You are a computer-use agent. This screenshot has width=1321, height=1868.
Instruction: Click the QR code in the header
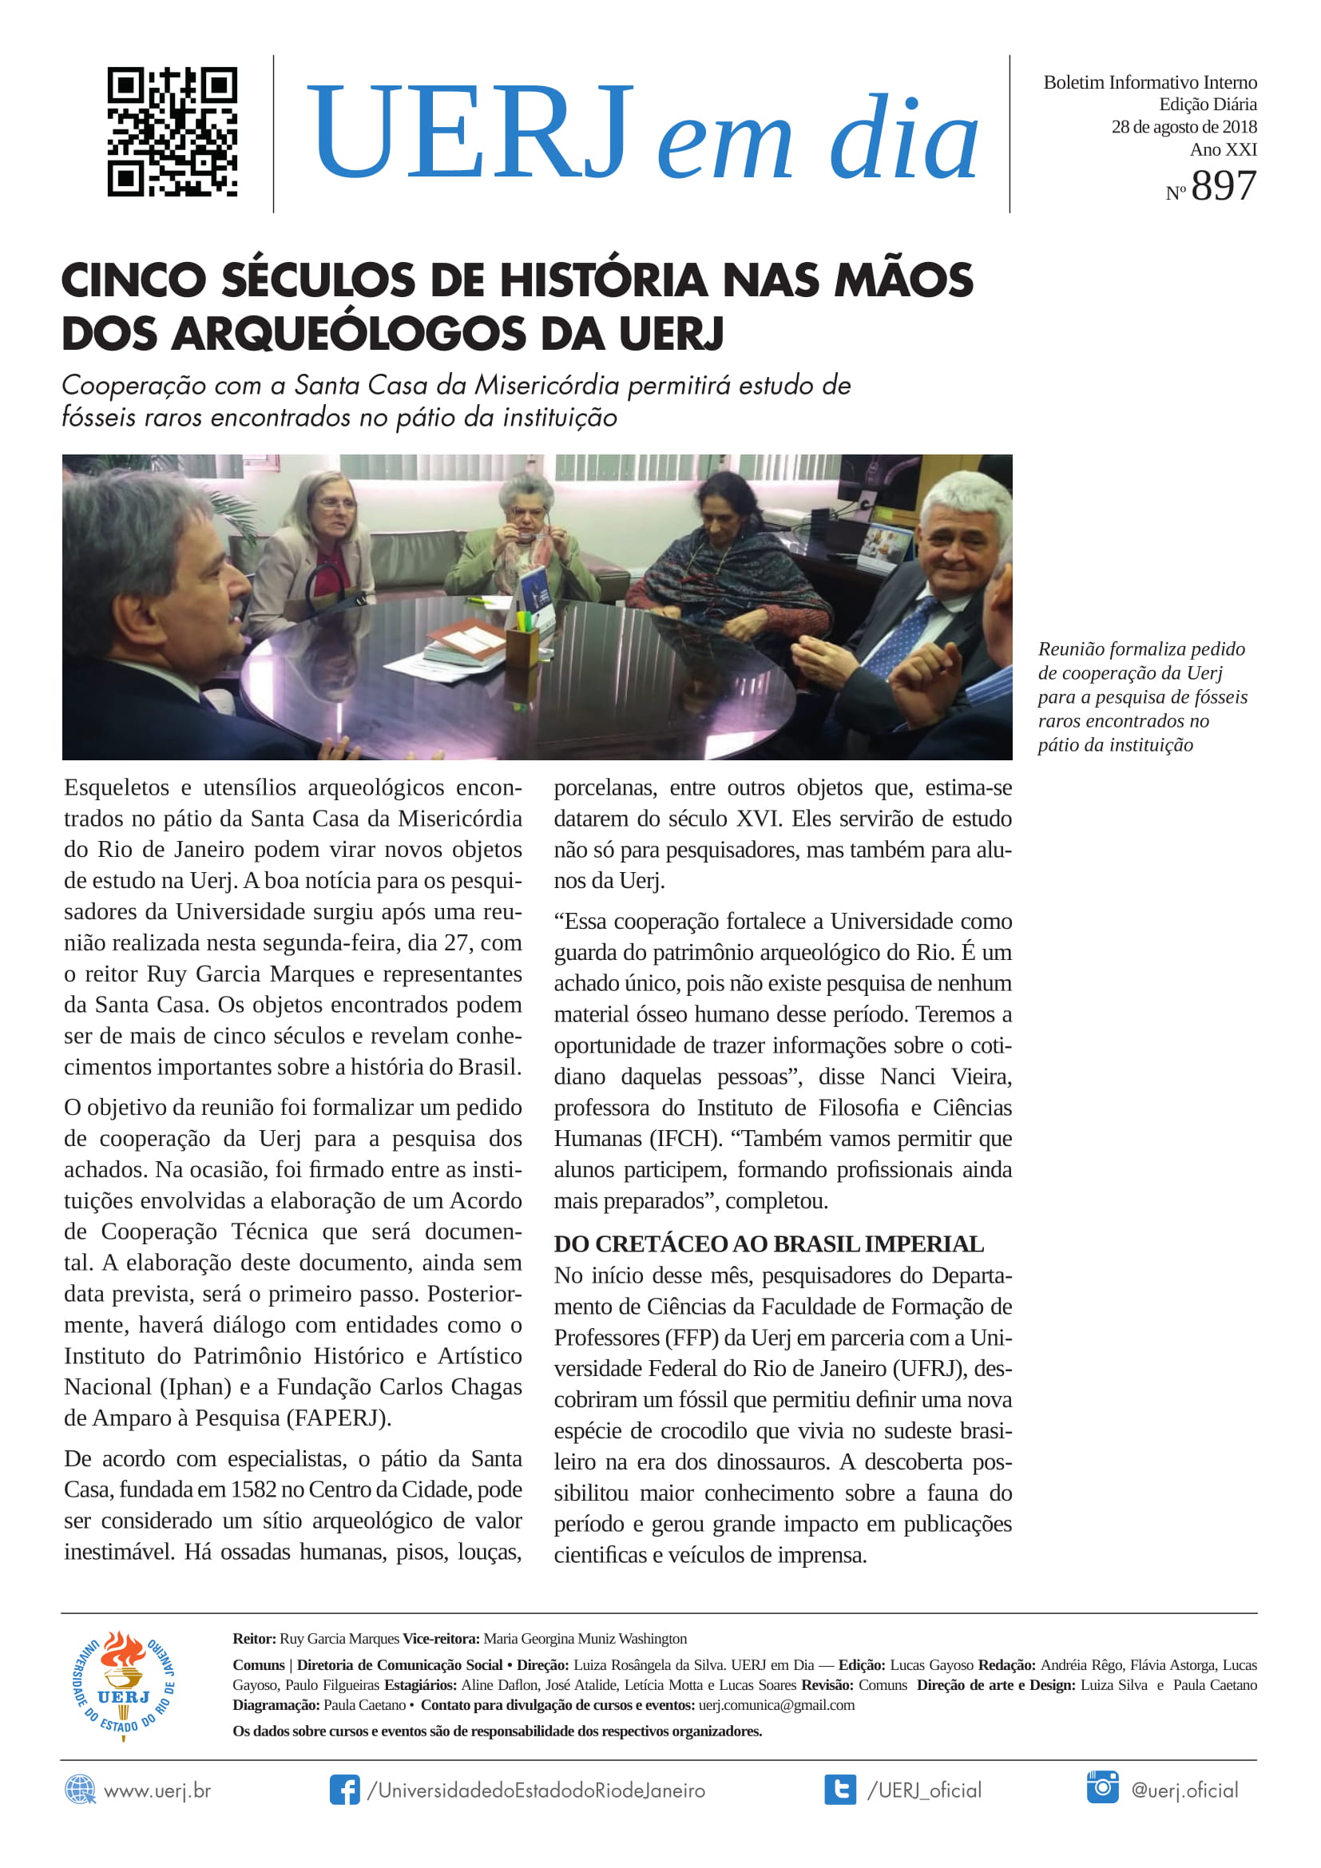[x=173, y=132]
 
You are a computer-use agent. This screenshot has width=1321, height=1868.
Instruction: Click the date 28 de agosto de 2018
[x=1184, y=127]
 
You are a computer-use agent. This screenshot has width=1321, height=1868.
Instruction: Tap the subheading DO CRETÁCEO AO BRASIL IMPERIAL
[x=768, y=1244]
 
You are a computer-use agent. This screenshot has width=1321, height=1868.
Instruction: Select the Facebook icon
[x=344, y=1790]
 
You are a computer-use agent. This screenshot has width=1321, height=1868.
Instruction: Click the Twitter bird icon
[x=839, y=1790]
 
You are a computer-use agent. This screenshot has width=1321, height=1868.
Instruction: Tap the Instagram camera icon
[x=1102, y=1787]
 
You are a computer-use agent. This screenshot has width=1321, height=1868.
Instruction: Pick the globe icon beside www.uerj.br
[x=80, y=1790]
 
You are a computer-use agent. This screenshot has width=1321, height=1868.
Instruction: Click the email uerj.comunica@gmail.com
[x=776, y=1704]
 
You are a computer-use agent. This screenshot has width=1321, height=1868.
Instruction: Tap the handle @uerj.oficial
[x=1184, y=1790]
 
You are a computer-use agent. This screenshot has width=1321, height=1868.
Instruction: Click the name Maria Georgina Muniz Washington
[x=585, y=1639]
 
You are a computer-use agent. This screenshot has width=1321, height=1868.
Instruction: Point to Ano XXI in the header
[x=1223, y=149]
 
